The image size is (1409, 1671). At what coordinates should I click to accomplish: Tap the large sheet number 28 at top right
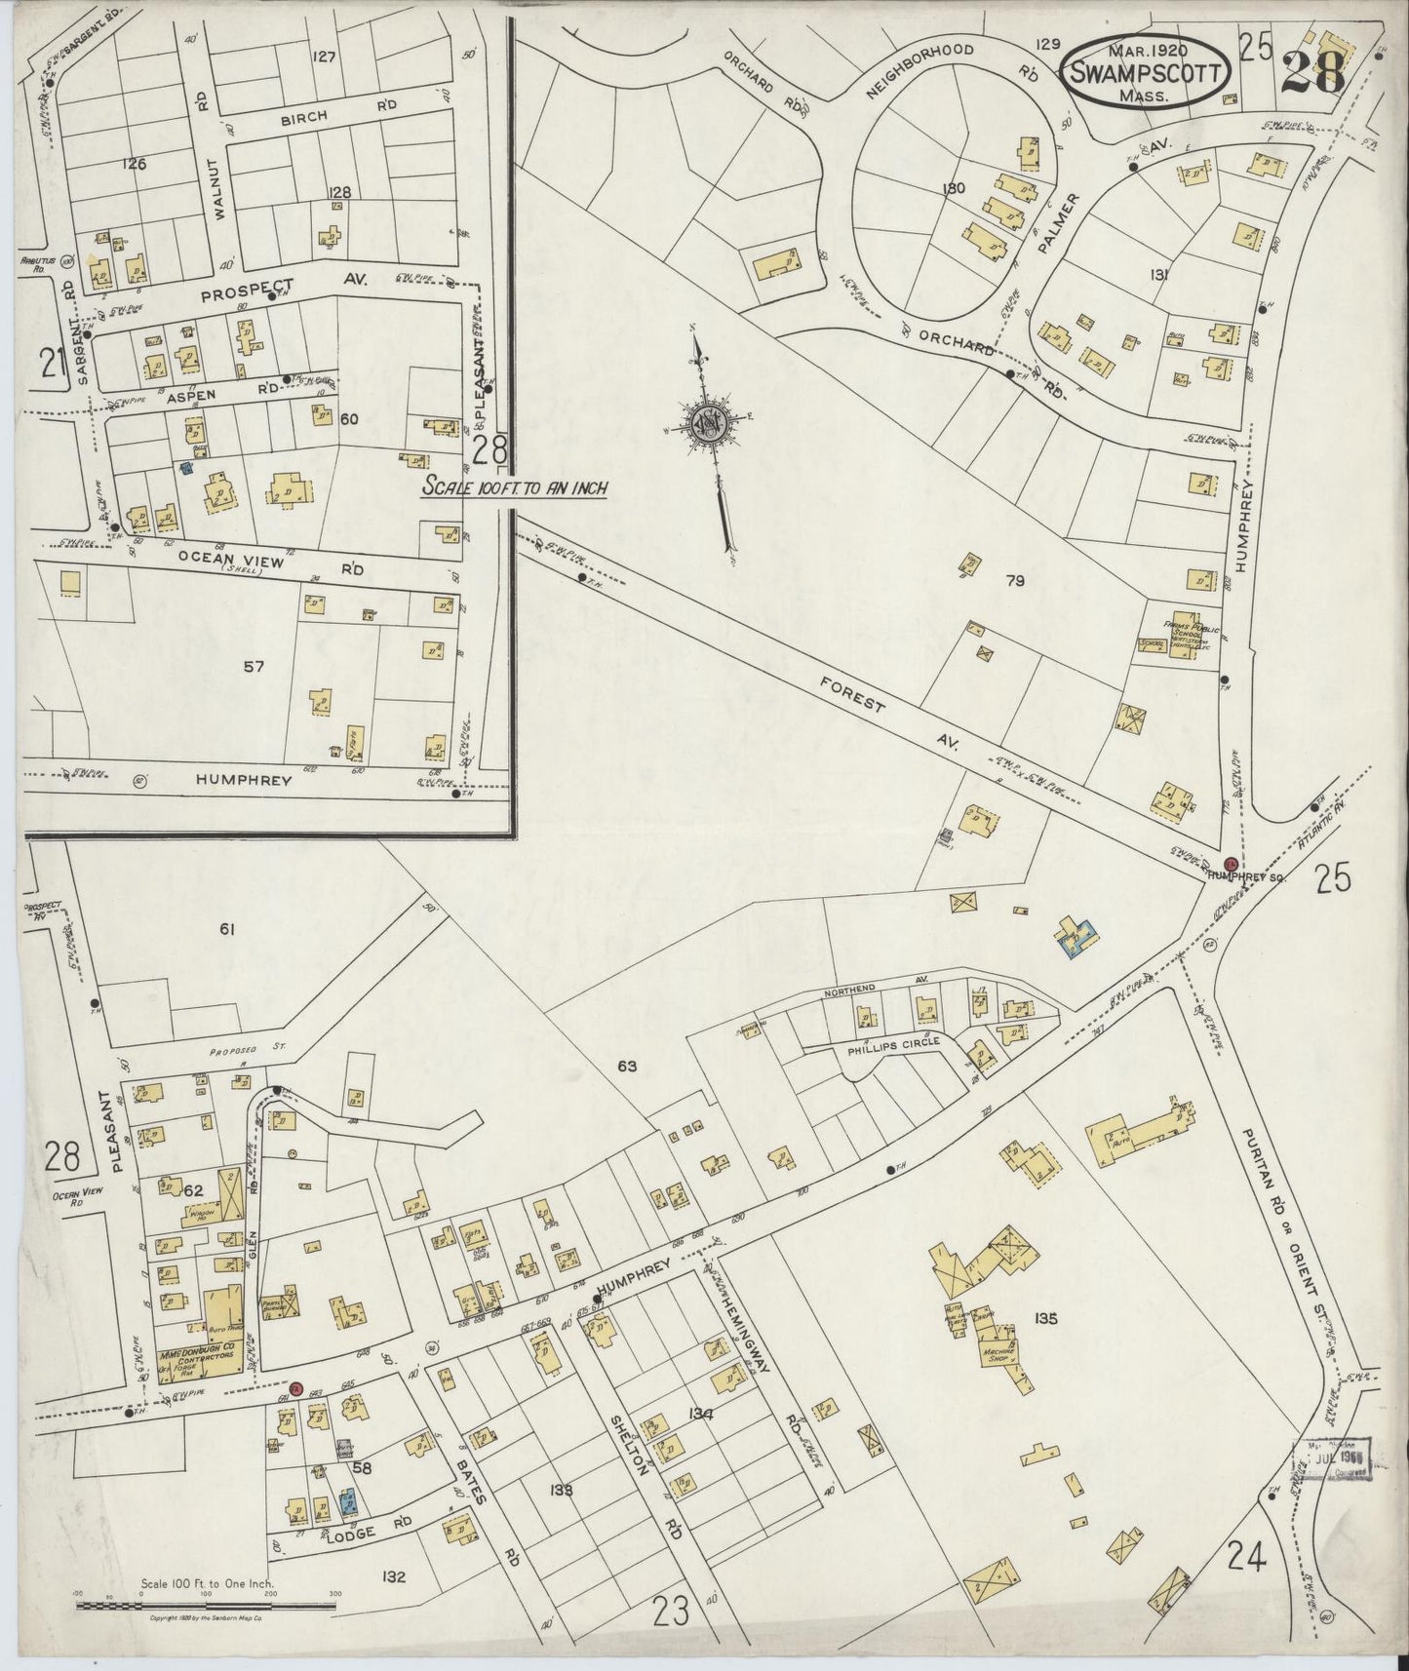coord(1313,70)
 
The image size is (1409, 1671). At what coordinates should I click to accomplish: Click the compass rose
coord(709,426)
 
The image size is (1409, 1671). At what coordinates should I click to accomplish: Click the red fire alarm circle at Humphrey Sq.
coord(1231,863)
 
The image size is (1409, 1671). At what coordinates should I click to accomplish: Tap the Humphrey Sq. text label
coord(1247,877)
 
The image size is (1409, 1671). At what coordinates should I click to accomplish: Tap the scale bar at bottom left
coord(205,1602)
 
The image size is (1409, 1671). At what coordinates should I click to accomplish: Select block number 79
coord(1016,581)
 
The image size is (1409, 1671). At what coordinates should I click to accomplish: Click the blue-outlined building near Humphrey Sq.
coord(1076,936)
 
